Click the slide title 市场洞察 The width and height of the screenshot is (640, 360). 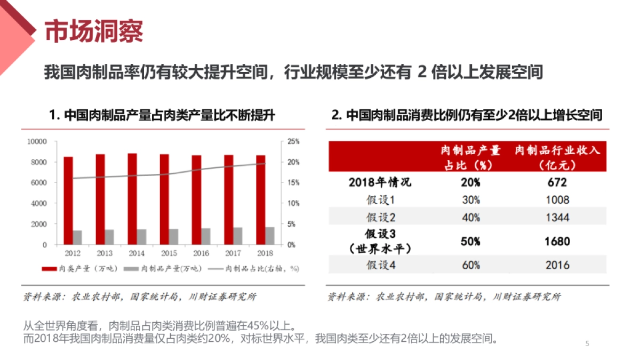click(94, 31)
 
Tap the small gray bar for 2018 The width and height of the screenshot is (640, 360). click(270, 236)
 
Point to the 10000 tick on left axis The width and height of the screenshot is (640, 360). click(37, 141)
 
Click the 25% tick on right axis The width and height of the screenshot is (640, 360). click(293, 141)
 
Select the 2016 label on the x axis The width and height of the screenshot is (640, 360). click(201, 253)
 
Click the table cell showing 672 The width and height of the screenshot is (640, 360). click(557, 182)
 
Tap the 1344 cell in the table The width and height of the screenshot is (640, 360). click(557, 218)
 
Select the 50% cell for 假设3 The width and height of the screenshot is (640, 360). click(470, 241)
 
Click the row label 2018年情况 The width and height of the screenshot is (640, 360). click(380, 182)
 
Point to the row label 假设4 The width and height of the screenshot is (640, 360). click(381, 265)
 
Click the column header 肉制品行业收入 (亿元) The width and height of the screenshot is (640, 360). click(557, 157)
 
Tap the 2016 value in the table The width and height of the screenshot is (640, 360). click(557, 265)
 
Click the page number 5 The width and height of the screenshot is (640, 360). click(587, 343)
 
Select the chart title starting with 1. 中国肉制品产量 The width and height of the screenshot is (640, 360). click(163, 115)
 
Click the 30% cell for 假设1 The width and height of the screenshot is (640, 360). click(470, 200)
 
